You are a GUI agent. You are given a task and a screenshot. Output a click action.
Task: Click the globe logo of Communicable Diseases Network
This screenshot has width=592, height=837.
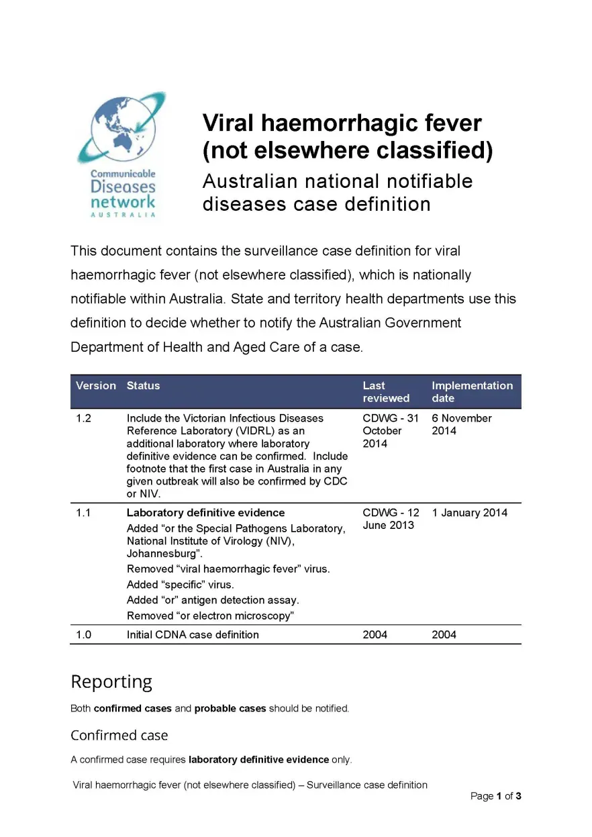tap(119, 128)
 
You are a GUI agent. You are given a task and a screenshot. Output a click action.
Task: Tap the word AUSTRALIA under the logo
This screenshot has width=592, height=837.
tap(123, 215)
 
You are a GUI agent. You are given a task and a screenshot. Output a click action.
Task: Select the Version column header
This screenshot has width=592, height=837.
tap(96, 386)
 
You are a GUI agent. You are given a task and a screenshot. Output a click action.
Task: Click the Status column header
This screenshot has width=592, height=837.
tap(143, 386)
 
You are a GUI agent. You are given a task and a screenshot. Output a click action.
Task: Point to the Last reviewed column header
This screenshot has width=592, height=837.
tap(386, 392)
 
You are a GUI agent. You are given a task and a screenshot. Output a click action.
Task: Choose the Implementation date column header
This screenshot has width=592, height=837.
tap(472, 392)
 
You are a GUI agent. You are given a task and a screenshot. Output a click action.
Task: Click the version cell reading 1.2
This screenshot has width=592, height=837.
tap(83, 419)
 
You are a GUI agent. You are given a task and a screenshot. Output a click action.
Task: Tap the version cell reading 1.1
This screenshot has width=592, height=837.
tap(83, 513)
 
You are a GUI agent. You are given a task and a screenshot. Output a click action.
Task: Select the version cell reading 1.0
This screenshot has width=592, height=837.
tap(83, 635)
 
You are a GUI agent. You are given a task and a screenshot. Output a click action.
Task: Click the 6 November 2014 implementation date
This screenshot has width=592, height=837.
tap(461, 425)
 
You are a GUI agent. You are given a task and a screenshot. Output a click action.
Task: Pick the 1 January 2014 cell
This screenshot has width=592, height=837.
tap(470, 513)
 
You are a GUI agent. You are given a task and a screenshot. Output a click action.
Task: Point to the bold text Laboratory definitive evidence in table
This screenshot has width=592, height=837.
tap(205, 513)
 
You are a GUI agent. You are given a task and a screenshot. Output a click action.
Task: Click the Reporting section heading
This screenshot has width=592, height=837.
tap(111, 682)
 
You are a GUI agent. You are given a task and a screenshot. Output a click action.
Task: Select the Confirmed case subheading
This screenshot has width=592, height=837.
tap(119, 736)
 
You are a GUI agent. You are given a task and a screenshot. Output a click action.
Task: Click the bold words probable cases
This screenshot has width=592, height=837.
tap(230, 709)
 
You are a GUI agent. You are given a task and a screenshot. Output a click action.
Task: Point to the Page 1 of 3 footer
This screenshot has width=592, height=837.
tap(496, 797)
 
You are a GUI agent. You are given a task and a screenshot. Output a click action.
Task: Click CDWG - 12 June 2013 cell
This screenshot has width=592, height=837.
tap(391, 520)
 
